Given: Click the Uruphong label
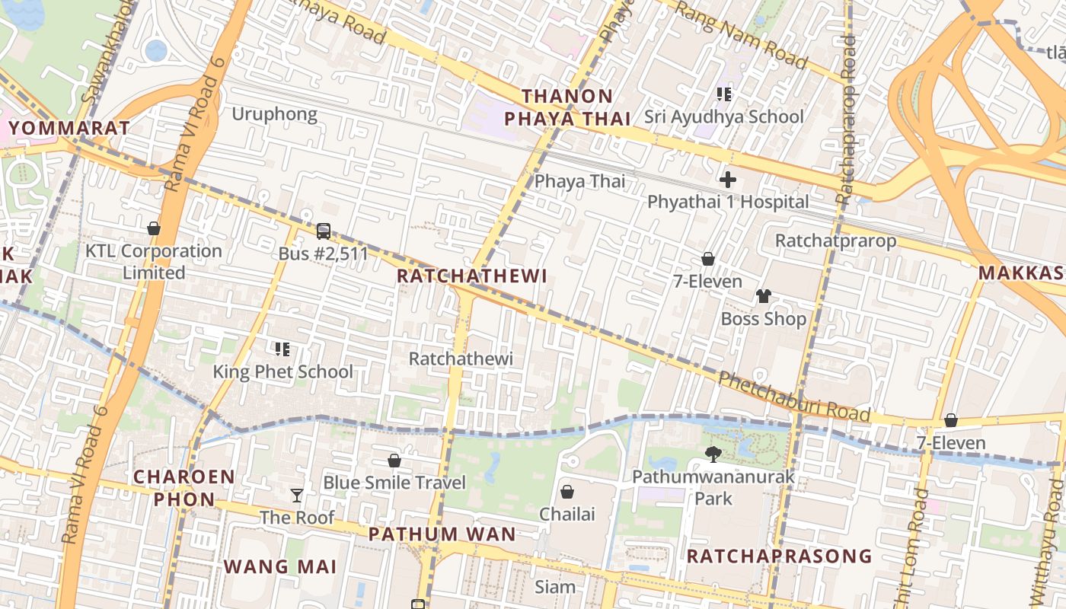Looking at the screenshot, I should pyautogui.click(x=274, y=114).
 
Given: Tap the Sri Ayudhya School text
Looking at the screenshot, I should pyautogui.click(x=723, y=116).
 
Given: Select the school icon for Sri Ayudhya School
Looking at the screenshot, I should pyautogui.click(x=724, y=94).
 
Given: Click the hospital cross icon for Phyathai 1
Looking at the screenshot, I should pyautogui.click(x=728, y=180).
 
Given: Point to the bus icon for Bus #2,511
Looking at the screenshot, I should pyautogui.click(x=324, y=231).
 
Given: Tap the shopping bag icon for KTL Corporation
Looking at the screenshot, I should pyautogui.click(x=154, y=228).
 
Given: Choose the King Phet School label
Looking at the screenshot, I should pyautogui.click(x=282, y=371).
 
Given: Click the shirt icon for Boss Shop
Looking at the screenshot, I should pyautogui.click(x=763, y=296).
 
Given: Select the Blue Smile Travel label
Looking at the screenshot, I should pyautogui.click(x=394, y=483).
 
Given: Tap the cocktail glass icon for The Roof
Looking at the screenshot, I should pyautogui.click(x=297, y=496).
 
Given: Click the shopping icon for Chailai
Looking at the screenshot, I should pyautogui.click(x=567, y=492).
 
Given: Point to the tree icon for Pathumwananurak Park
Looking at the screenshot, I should pyautogui.click(x=713, y=454).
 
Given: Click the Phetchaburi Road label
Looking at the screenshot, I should pyautogui.click(x=793, y=396).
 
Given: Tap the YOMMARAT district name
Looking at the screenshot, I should pyautogui.click(x=71, y=128).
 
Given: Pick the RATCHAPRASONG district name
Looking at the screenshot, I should pyautogui.click(x=779, y=556).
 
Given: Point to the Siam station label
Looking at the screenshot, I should pyautogui.click(x=555, y=587).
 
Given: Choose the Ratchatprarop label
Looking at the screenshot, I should pyautogui.click(x=835, y=241).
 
